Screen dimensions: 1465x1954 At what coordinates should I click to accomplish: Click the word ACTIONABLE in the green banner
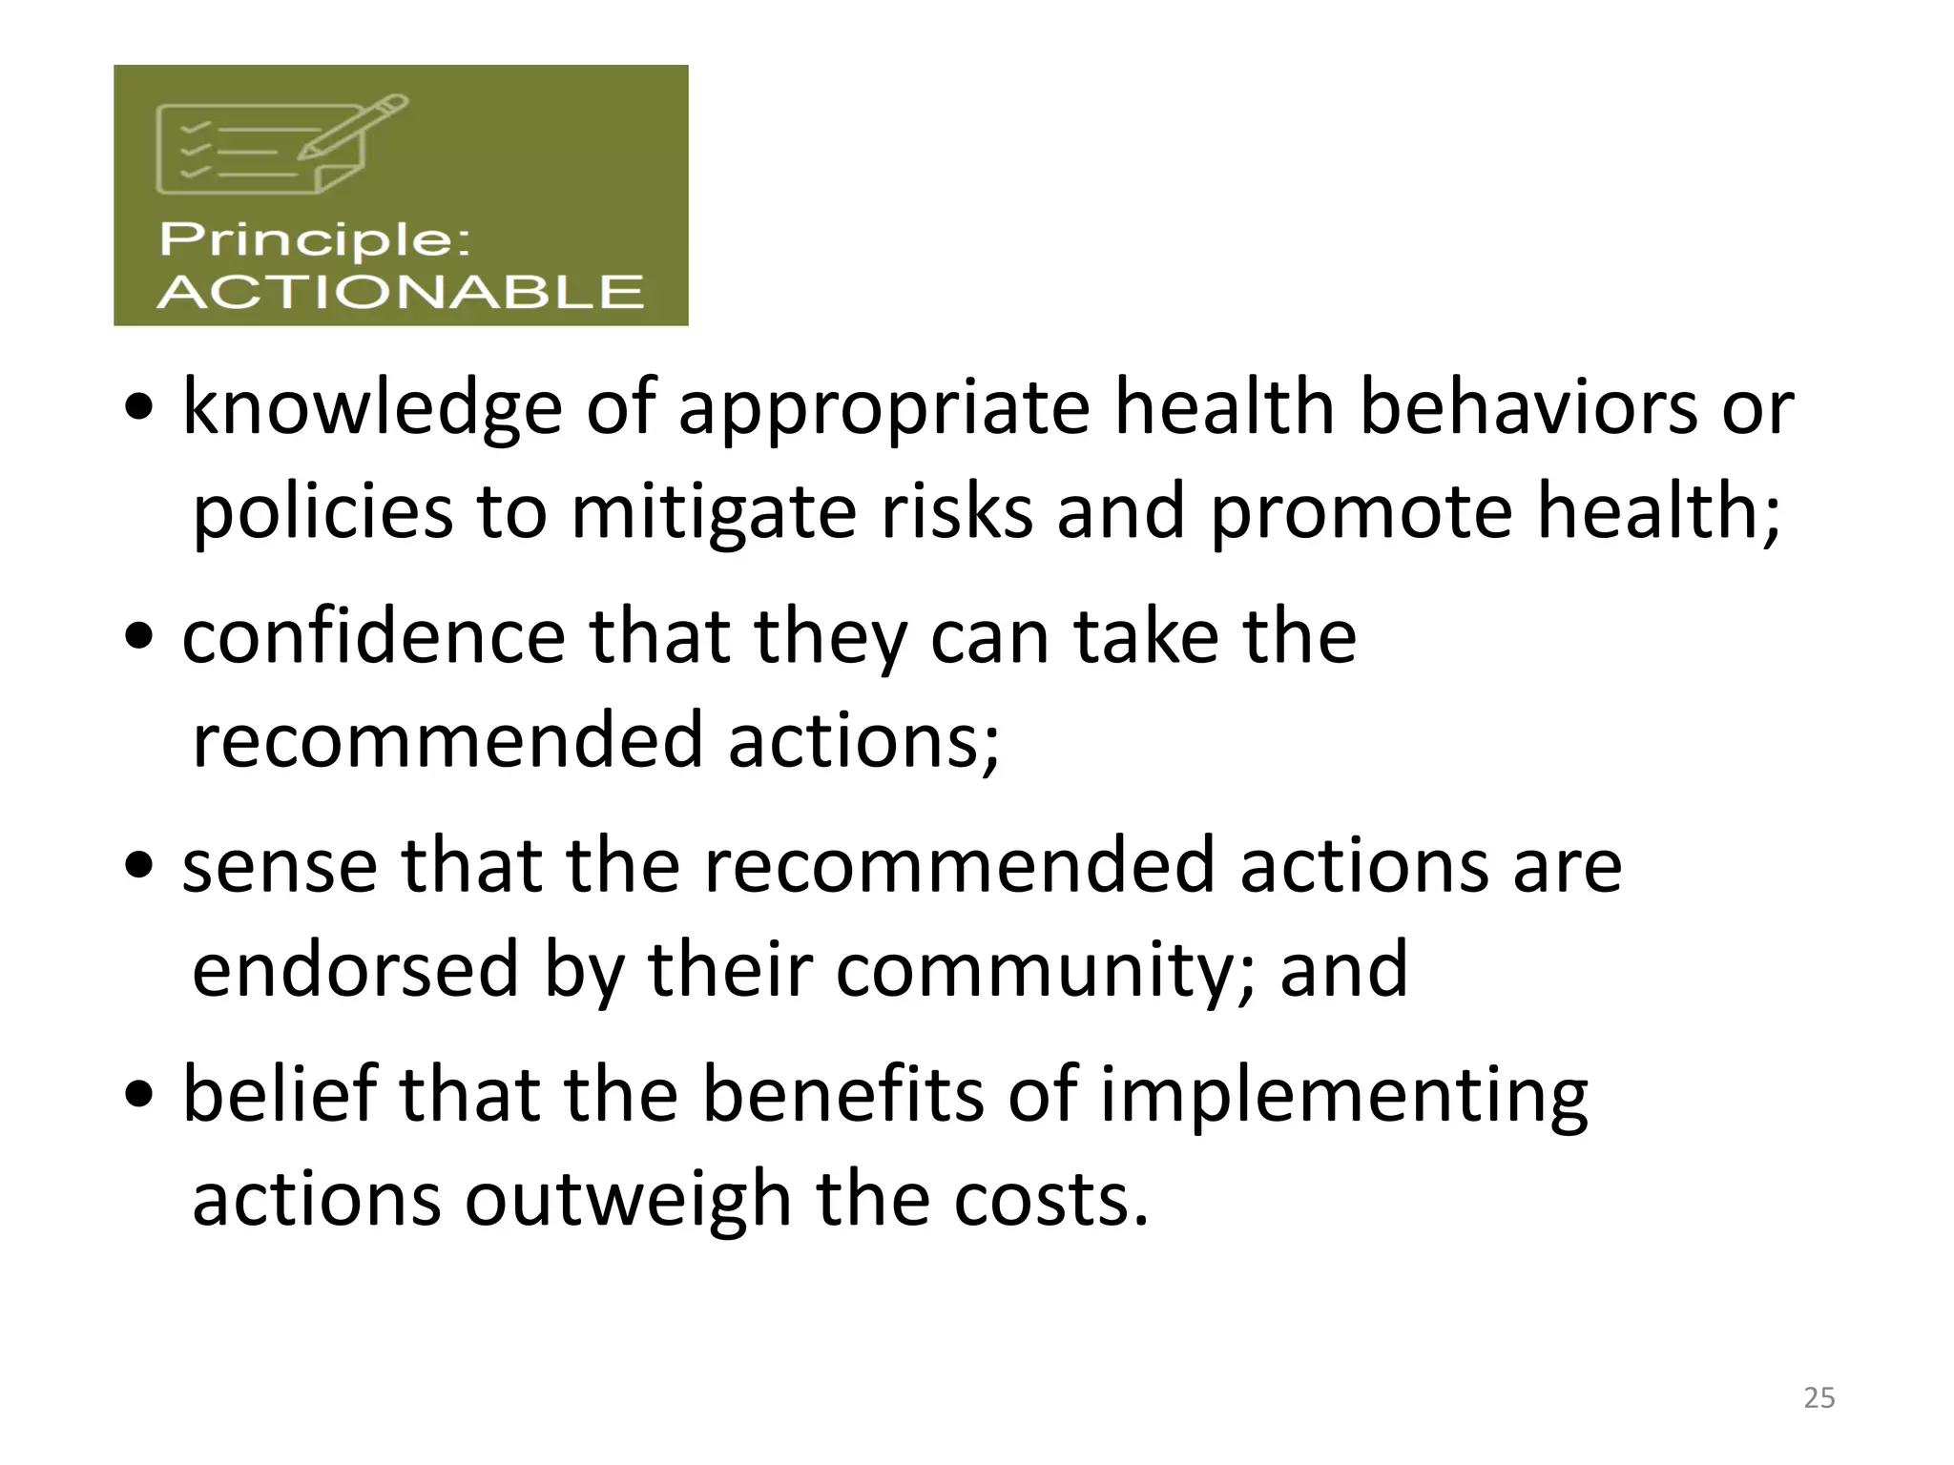400,291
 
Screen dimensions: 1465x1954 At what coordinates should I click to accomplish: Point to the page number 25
1819,1397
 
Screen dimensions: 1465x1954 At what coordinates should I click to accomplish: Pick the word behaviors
1528,406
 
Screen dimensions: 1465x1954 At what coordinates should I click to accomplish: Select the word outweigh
628,1200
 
